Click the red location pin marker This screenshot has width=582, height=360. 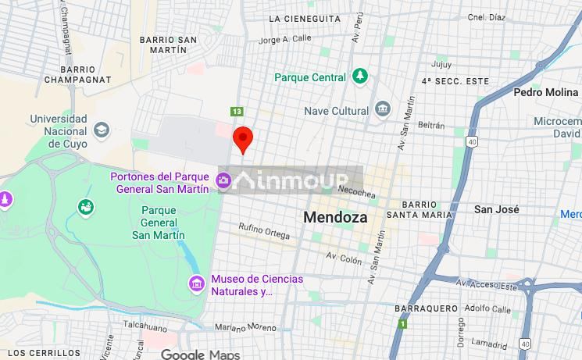(244, 139)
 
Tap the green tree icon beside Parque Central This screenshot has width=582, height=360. (359, 77)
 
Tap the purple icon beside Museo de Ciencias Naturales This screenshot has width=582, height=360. (196, 282)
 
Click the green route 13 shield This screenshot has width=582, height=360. (237, 111)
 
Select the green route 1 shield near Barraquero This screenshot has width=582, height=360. (402, 323)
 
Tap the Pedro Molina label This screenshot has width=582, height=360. (545, 92)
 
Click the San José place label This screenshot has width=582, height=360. (497, 209)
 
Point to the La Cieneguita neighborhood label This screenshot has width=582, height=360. (304, 18)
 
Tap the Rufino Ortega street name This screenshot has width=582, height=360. (264, 228)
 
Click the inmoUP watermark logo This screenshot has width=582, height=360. (297, 181)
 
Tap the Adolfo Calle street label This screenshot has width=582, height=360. (487, 308)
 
